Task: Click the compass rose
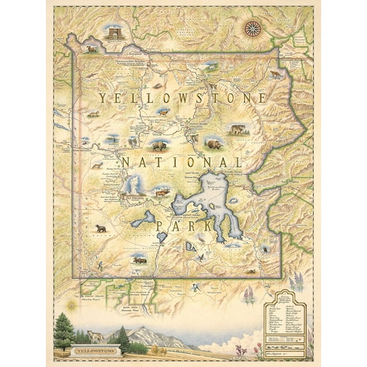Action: coord(252,27)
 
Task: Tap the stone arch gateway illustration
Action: coord(114,33)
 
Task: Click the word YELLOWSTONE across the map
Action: coord(183,98)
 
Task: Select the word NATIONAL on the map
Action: coord(182,162)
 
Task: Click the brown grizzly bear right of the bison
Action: coord(213,145)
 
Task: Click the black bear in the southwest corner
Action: coord(101,228)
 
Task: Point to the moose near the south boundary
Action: coord(140,260)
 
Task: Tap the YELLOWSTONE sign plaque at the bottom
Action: coord(90,349)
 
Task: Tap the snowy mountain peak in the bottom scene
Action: coord(147,334)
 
